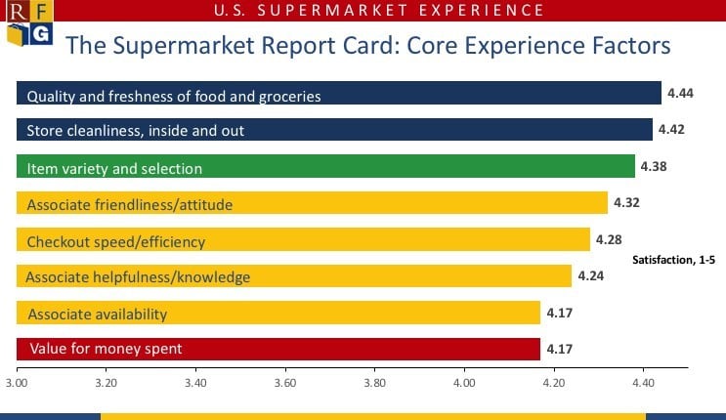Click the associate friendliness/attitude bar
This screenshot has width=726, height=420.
(x=312, y=203)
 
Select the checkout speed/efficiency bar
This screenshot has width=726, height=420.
(x=303, y=240)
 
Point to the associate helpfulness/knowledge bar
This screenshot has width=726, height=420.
(x=294, y=276)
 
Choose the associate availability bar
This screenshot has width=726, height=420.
(x=278, y=313)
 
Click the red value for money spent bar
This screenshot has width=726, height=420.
(x=278, y=349)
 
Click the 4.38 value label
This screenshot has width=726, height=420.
(x=652, y=167)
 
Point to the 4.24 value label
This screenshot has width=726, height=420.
(x=590, y=276)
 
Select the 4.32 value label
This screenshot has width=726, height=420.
(x=624, y=203)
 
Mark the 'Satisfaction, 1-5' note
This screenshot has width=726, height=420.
(x=673, y=259)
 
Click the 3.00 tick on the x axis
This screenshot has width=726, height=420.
(x=17, y=383)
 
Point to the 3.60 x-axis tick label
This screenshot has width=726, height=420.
(x=285, y=383)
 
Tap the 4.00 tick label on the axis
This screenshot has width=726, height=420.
(x=464, y=383)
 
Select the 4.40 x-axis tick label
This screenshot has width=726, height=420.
(x=643, y=383)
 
